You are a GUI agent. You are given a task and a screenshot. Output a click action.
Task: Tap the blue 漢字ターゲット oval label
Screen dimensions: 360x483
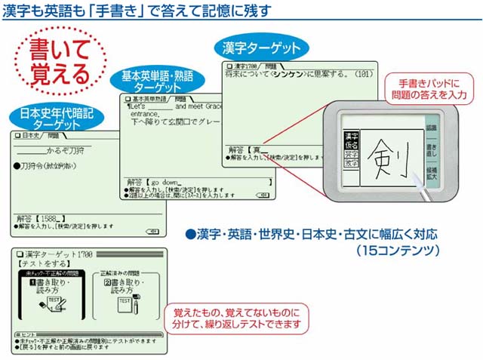pyautogui.click(x=261, y=48)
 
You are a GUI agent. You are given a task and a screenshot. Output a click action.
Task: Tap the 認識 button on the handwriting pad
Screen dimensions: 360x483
pyautogui.click(x=430, y=129)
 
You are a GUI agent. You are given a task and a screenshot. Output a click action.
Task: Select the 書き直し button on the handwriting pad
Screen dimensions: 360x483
pyautogui.click(x=430, y=154)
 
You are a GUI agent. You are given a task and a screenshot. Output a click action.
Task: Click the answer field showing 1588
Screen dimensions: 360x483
pyautogui.click(x=45, y=218)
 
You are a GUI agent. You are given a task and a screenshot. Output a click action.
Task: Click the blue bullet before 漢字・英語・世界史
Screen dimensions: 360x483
pyautogui.click(x=191, y=234)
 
